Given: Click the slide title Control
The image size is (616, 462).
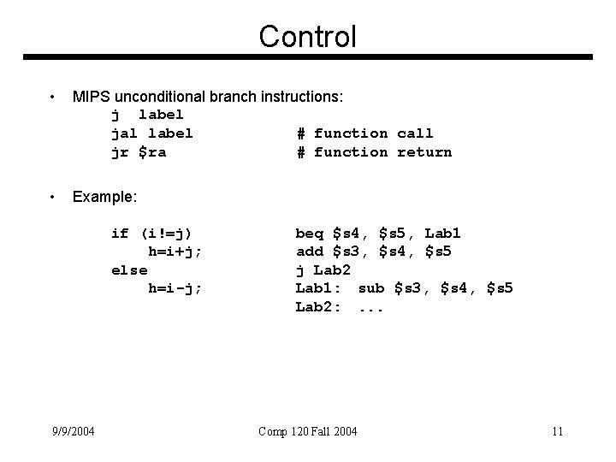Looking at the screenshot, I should point(307,36).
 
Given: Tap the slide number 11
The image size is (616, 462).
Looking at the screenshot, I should point(557,431).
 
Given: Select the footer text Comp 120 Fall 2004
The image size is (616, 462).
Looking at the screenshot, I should point(308,431).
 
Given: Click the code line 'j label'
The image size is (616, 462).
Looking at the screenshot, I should point(147,114).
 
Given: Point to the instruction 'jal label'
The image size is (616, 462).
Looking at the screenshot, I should point(151,133).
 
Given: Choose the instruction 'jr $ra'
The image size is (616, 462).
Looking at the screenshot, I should point(139,152).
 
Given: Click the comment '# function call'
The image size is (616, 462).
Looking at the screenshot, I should point(364,133).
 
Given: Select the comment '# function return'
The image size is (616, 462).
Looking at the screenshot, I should point(374,152).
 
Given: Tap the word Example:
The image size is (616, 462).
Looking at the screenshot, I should point(104,198).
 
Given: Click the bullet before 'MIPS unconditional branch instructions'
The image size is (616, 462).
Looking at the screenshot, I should point(53,98).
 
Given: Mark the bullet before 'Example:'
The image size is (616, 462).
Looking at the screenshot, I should point(53,198).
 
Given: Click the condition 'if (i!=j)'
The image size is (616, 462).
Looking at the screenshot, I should point(151,233).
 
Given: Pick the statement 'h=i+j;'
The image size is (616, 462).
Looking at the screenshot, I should point(175,252).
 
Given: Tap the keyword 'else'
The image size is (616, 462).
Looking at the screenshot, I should point(129,269).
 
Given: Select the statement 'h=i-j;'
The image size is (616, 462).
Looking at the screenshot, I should point(175,288).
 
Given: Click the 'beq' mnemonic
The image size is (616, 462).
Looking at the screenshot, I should point(309,233).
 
